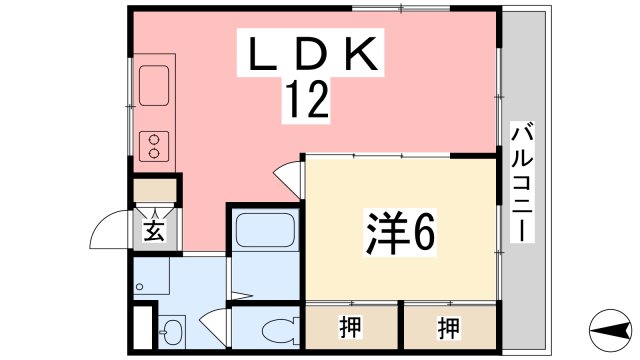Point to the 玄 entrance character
(154, 232)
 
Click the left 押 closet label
(350, 326)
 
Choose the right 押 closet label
(449, 326)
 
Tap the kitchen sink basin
(155, 86)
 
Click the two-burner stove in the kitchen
(155, 146)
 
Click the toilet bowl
(271, 329)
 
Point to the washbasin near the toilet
(171, 329)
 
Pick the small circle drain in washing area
(140, 287)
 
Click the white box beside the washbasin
(140, 329)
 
